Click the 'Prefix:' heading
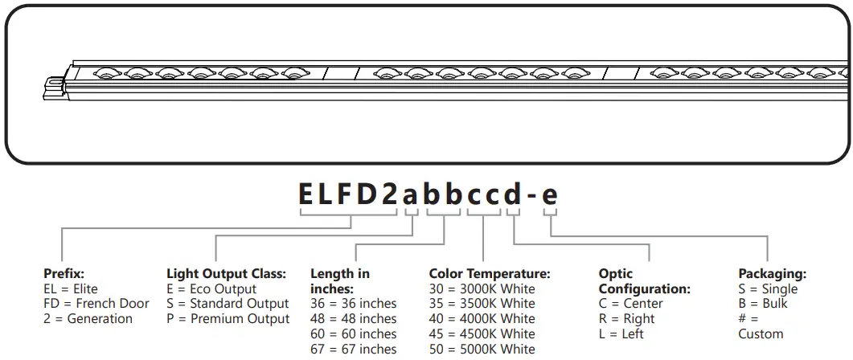[64, 274]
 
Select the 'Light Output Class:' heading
[226, 274]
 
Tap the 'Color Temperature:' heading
[490, 274]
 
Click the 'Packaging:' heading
[772, 274]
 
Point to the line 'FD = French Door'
[96, 304]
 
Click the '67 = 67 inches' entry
[354, 349]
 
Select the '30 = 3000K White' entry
[482, 289]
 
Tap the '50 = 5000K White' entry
[482, 349]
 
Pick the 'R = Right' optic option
[627, 319]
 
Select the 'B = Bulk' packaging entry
[763, 304]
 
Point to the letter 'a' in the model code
[411, 194]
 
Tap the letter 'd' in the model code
[512, 194]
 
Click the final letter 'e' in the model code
[550, 194]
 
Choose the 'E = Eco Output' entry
[211, 289]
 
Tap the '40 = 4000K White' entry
[482, 319]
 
